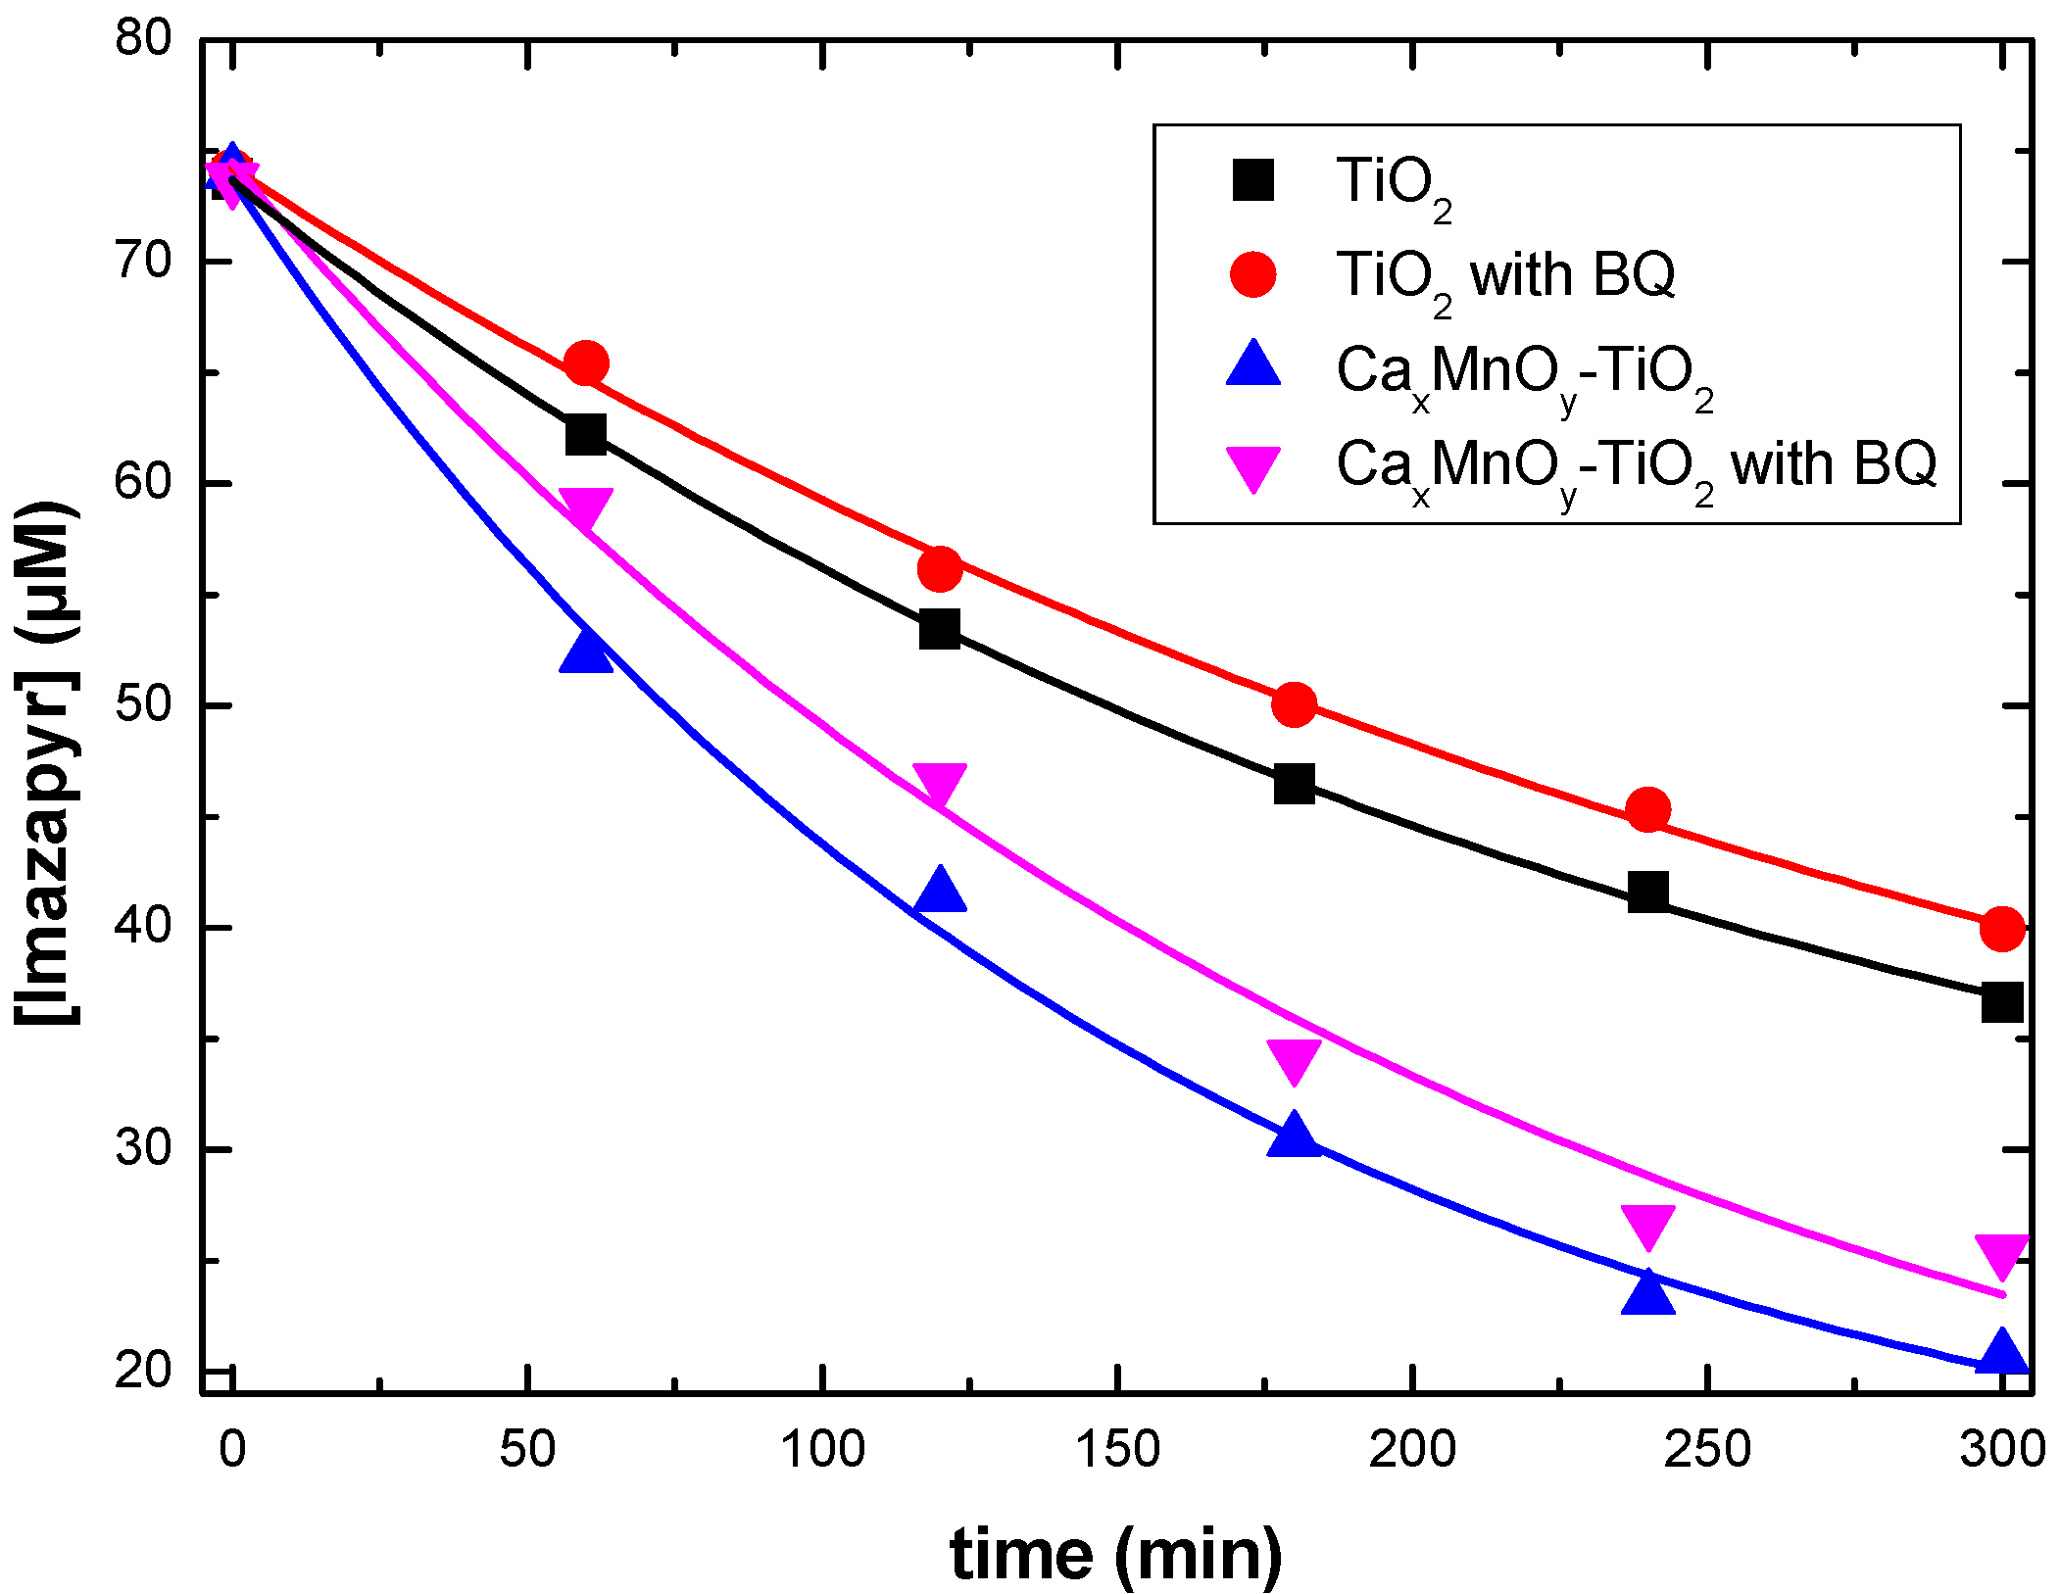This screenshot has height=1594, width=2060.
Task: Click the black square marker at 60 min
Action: coord(586,433)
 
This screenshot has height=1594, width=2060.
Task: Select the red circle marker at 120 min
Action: coord(940,568)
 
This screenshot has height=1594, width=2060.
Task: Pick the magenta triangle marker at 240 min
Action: coord(1648,1226)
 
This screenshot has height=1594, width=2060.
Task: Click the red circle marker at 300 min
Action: coord(2001,928)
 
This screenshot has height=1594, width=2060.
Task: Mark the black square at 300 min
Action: coord(2001,1002)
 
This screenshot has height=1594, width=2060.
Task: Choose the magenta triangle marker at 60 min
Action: coord(586,507)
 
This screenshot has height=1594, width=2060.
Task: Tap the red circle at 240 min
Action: coord(1648,810)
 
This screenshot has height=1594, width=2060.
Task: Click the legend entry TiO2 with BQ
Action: coord(1505,275)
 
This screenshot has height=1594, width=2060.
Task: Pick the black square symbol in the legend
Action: coord(1253,180)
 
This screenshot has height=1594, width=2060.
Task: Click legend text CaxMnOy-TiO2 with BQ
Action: coord(1636,464)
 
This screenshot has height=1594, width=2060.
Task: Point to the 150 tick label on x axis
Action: coord(1117,1449)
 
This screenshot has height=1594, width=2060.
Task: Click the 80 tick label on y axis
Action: coord(143,39)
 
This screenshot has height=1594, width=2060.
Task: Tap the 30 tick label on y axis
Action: coord(143,1147)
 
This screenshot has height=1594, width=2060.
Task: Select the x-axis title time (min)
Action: coord(1115,1555)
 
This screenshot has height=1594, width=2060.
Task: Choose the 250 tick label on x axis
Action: coord(1707,1449)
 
